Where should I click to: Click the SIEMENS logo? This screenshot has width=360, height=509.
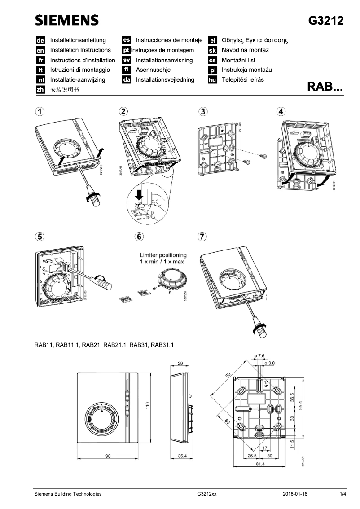[x=67, y=20]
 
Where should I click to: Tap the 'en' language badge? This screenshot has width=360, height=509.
[x=40, y=50]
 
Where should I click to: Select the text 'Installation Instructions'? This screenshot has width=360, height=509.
[x=80, y=50]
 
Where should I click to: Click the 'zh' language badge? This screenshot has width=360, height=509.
[x=40, y=89]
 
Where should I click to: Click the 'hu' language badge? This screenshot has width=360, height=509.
[x=213, y=80]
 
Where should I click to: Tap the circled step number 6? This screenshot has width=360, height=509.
[x=140, y=236]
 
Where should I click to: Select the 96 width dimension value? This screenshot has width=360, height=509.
[x=108, y=456]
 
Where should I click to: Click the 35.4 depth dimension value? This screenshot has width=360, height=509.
[x=183, y=456]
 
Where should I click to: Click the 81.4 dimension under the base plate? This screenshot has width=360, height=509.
[x=260, y=464]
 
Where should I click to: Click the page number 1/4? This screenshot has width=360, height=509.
[x=343, y=494]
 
